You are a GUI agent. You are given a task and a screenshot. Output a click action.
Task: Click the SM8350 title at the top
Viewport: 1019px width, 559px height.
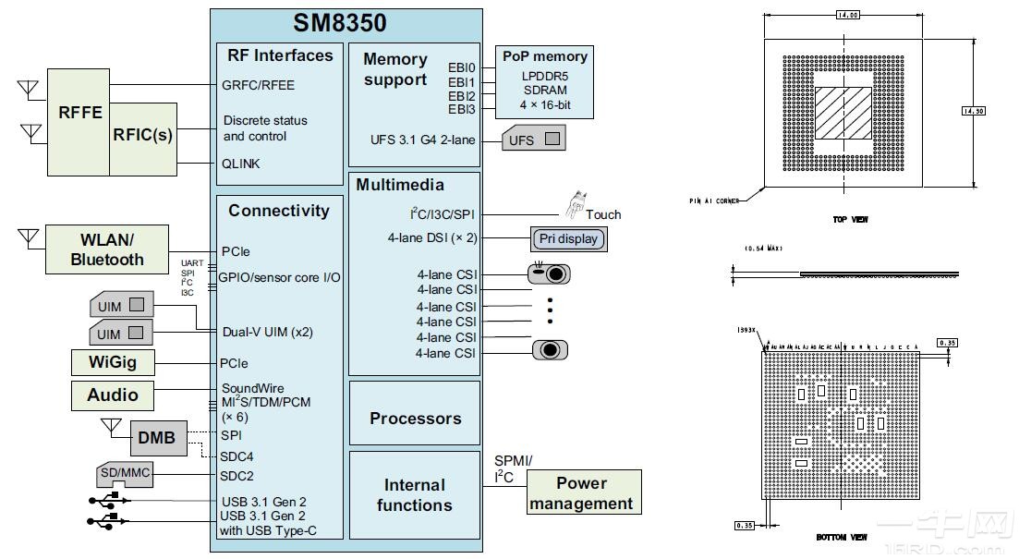(340, 23)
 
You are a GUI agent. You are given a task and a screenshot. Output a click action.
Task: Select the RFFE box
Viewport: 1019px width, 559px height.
(79, 113)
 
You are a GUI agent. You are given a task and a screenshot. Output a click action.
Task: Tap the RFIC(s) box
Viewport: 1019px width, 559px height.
(143, 135)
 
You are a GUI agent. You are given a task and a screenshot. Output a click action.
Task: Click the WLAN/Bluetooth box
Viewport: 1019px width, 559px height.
(107, 249)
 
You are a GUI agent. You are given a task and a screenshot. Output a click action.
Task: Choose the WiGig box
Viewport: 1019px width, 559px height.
(112, 362)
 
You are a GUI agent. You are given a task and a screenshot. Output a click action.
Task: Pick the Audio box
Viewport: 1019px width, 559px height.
(112, 395)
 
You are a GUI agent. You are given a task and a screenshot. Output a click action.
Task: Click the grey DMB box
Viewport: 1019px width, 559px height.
(156, 438)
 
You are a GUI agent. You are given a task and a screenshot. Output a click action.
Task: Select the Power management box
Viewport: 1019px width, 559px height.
(582, 492)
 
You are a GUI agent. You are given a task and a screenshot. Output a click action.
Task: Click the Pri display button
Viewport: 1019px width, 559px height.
(568, 239)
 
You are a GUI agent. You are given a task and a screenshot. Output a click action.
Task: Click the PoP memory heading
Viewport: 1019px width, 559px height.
(544, 56)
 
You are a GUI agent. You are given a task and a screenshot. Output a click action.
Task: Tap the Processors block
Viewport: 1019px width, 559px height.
(415, 419)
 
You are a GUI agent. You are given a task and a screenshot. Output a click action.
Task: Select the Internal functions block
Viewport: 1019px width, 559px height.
(415, 495)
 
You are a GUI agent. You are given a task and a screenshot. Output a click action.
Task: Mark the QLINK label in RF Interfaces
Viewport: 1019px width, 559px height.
(241, 164)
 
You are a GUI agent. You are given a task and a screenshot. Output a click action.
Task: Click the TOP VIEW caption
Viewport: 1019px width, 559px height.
(849, 220)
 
